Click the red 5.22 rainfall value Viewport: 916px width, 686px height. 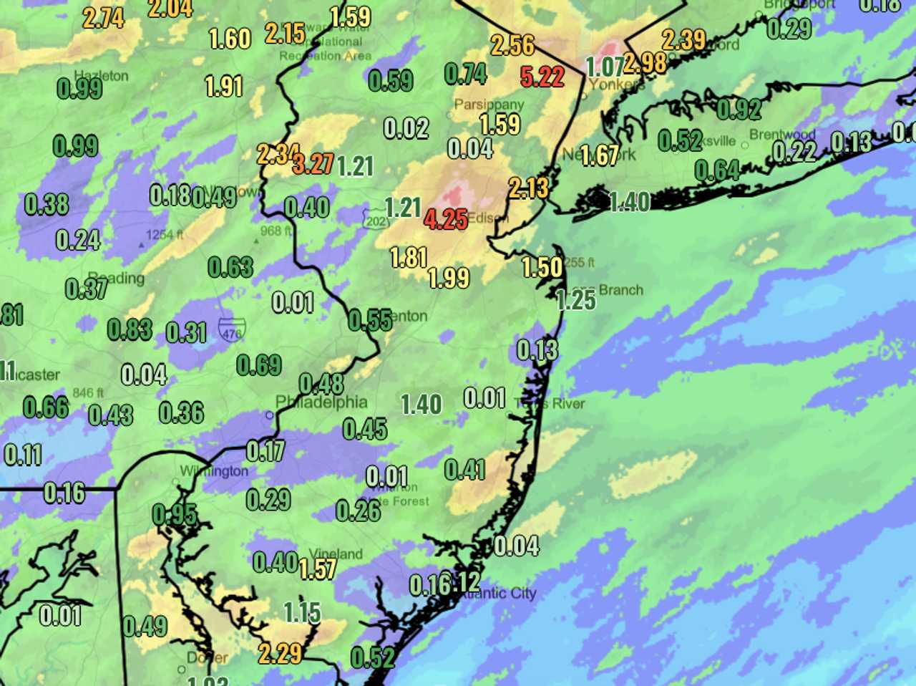click(x=542, y=76)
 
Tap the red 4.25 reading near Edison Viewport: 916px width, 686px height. click(x=446, y=219)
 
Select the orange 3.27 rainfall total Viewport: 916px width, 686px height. click(x=313, y=164)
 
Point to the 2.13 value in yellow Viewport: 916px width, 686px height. click(x=529, y=188)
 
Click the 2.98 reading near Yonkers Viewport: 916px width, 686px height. click(x=645, y=63)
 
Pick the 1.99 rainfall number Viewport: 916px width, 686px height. click(x=449, y=278)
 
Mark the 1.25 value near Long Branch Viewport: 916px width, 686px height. click(x=575, y=299)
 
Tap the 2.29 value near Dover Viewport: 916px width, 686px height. click(x=280, y=653)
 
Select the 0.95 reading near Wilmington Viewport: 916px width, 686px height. click(x=175, y=514)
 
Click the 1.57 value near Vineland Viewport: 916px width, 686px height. click(x=317, y=569)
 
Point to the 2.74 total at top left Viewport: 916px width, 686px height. click(x=104, y=18)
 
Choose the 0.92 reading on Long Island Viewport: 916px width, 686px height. click(x=739, y=109)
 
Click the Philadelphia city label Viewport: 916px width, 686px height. click(x=322, y=402)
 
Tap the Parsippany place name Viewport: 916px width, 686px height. click(x=489, y=105)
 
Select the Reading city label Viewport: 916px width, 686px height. click(x=116, y=278)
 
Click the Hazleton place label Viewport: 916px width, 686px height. click(x=101, y=75)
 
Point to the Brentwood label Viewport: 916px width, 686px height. click(x=782, y=135)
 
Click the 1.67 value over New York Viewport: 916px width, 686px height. click(x=599, y=155)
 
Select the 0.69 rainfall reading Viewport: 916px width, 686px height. click(x=259, y=365)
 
